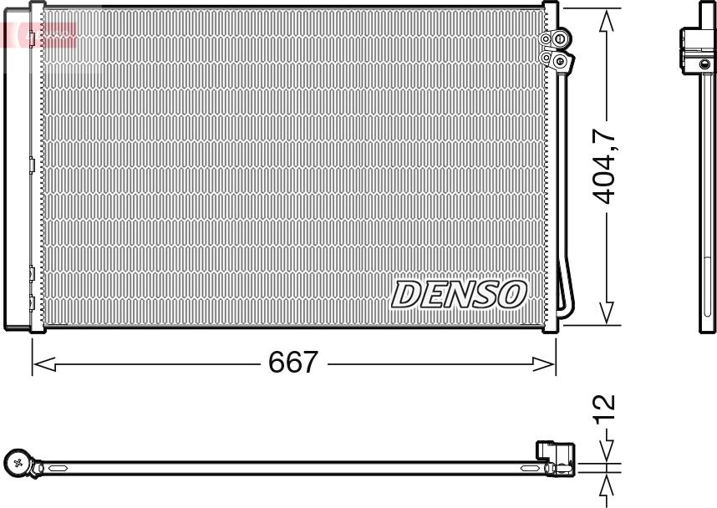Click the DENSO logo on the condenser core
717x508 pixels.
pyautogui.click(x=459, y=293)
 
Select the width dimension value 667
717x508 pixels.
pyautogui.click(x=292, y=363)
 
